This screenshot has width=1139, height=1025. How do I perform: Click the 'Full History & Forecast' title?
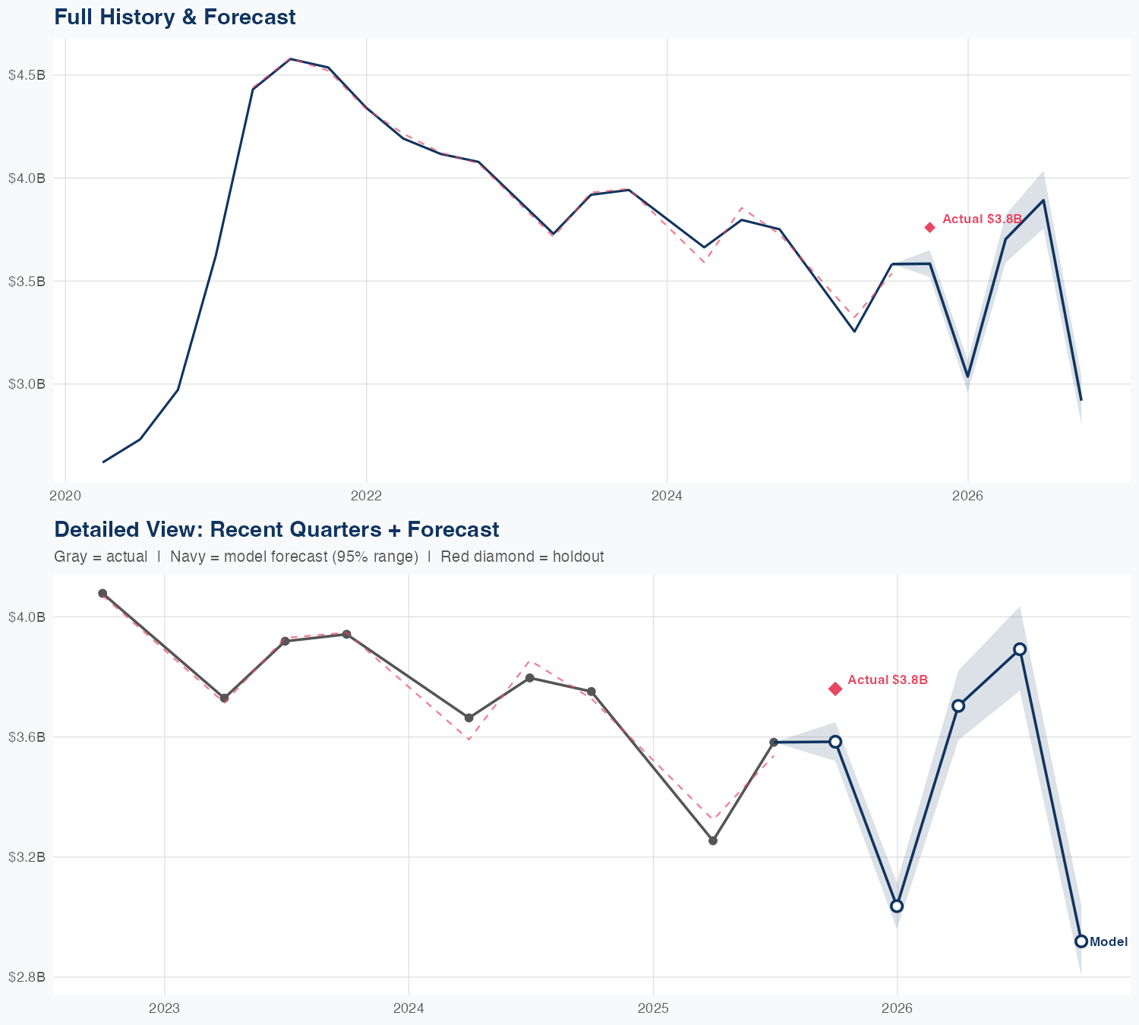coord(175,17)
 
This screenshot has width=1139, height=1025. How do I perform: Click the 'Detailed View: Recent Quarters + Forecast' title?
coord(276,529)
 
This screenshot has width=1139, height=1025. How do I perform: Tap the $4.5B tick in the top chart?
coord(27,75)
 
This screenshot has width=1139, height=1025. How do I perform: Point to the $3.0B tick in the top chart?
coord(27,384)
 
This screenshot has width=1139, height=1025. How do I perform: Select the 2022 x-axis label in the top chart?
coord(366,497)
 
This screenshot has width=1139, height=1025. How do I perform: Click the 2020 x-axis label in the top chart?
coord(65,497)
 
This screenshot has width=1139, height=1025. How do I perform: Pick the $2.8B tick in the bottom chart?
coord(27,977)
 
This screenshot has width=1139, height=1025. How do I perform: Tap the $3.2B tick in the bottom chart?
coord(27,857)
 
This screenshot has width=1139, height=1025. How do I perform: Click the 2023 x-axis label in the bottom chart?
coord(164,1009)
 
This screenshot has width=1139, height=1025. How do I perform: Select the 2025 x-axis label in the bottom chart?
coord(653,1009)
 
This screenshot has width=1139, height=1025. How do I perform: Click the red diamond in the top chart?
coord(929,228)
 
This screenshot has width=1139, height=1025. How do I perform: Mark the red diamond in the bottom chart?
coord(835,689)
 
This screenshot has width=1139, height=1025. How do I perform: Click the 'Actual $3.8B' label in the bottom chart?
coord(888,680)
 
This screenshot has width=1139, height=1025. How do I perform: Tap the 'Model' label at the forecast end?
coord(1109,942)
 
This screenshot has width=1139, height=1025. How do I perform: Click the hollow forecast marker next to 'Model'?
coord(1081,941)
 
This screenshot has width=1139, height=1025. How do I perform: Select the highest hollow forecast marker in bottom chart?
coord(1020,649)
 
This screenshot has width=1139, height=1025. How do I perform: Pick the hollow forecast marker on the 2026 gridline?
coord(897,906)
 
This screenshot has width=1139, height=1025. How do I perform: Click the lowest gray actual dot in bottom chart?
coord(712,840)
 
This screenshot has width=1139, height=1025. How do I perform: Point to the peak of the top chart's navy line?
coord(291,58)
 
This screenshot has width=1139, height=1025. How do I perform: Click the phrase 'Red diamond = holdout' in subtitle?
coord(522,557)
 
